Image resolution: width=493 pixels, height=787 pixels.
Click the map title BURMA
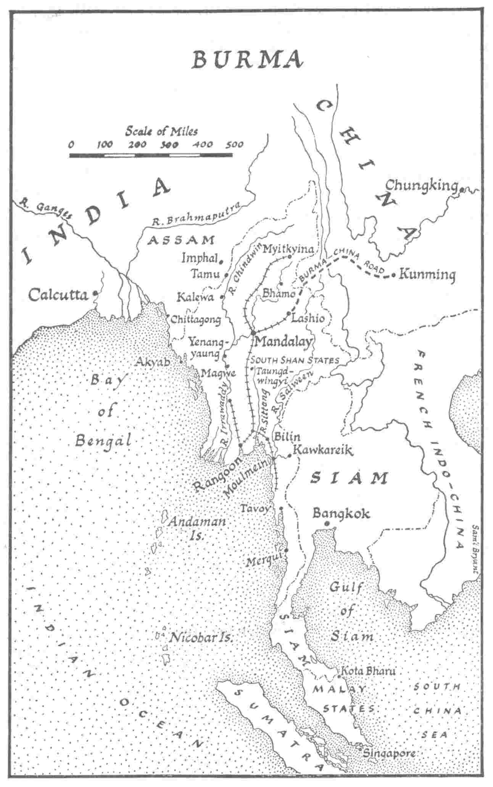click(x=248, y=60)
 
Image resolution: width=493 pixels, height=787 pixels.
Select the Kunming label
click(x=427, y=275)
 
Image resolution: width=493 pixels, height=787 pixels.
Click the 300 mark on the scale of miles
click(x=168, y=145)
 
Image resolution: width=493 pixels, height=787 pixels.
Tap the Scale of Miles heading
click(x=162, y=131)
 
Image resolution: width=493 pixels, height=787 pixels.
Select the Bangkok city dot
click(x=327, y=524)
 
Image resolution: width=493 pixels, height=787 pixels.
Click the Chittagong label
click(x=196, y=319)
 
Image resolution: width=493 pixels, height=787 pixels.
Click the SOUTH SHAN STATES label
click(x=294, y=360)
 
